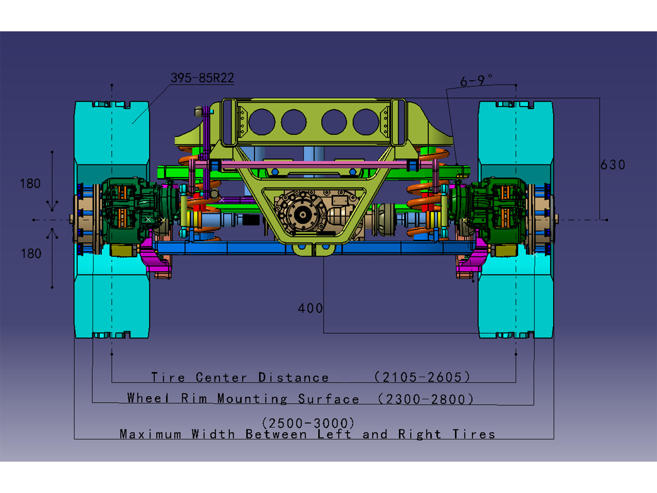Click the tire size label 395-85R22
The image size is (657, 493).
[202, 78]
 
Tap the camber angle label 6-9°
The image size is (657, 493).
[476, 80]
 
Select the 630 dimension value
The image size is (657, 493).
[613, 165]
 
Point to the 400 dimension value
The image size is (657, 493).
[310, 308]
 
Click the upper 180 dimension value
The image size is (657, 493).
[30, 183]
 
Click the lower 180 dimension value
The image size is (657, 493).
[31, 253]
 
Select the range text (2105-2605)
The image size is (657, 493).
[422, 377]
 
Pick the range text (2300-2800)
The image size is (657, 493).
[425, 399]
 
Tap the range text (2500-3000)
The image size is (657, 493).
[308, 423]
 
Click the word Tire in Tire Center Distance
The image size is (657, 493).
[168, 377]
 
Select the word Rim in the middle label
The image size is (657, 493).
[194, 398]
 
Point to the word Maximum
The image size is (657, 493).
[150, 434]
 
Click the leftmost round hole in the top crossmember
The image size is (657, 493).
[262, 122]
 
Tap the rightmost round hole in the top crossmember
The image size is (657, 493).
[365, 122]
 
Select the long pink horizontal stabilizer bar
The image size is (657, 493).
[313, 163]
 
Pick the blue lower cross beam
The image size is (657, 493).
[243, 248]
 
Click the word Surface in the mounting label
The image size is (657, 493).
[328, 399]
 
